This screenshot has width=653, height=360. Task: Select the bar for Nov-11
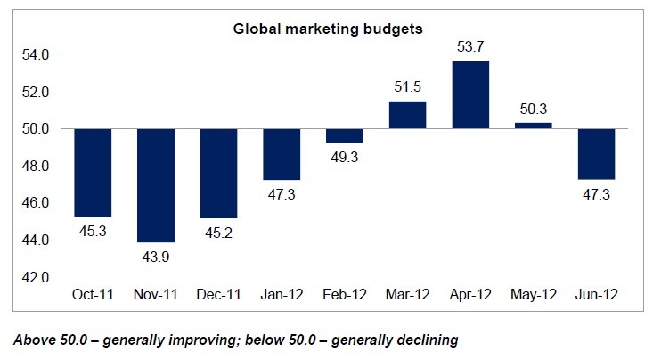tap(156, 185)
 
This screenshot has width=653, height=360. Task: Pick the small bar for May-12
tap(533, 126)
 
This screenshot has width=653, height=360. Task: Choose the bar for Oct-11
tap(93, 172)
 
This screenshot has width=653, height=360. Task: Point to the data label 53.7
tap(469, 47)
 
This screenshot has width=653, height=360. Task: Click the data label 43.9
tap(156, 256)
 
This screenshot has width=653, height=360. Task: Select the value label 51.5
tap(406, 87)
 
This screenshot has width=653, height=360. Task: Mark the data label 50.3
tap(533, 110)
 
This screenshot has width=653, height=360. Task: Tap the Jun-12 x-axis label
tap(595, 294)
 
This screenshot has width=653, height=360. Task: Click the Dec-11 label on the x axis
tap(218, 294)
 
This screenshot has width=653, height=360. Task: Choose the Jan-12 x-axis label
tap(281, 294)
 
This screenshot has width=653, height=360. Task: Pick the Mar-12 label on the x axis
tap(406, 294)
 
